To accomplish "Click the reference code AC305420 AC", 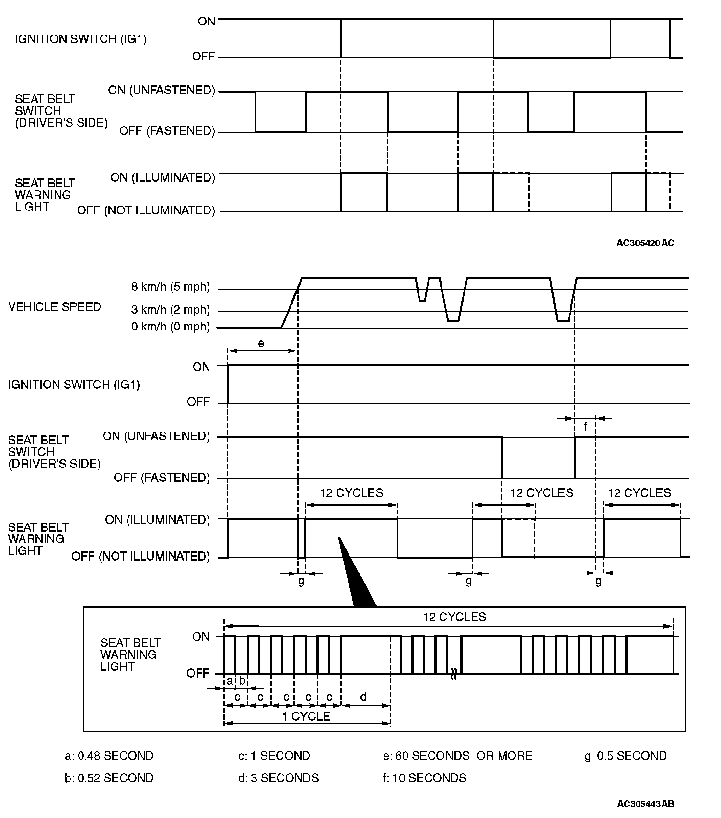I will tap(645, 243).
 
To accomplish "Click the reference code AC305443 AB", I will tap(645, 804).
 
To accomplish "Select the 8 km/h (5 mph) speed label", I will tap(171, 287).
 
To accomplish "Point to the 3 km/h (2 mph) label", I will tap(171, 310).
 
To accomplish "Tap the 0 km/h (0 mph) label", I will tap(171, 327).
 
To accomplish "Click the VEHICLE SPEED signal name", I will tap(55, 307).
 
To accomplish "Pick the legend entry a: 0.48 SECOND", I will tap(109, 756).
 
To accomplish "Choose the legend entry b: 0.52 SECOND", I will tap(109, 778).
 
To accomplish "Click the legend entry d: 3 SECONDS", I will tap(279, 778).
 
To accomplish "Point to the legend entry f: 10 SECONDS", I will tap(424, 778).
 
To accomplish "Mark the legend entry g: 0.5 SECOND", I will tap(626, 756).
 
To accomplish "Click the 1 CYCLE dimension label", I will tap(306, 717).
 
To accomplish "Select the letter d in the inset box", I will tap(363, 697).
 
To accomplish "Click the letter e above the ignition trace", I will tap(261, 343).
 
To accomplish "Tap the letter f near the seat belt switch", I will tap(585, 427).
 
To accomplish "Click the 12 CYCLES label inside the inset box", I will tap(454, 617).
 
